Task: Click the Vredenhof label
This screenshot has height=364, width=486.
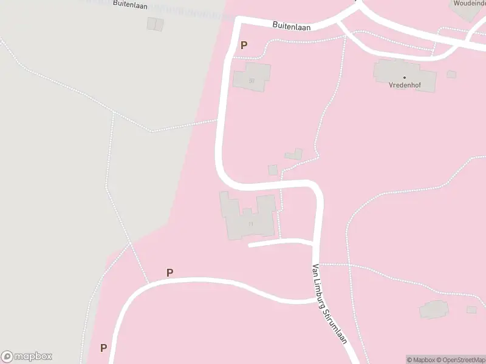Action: pyautogui.click(x=405, y=85)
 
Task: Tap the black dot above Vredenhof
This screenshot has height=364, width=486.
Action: pyautogui.click(x=405, y=78)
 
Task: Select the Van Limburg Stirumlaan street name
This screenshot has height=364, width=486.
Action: pyautogui.click(x=329, y=303)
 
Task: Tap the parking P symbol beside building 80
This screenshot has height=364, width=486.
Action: pyautogui.click(x=244, y=45)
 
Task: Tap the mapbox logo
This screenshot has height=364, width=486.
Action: pyautogui.click(x=27, y=356)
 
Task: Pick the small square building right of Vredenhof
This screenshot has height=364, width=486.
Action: pyautogui.click(x=451, y=74)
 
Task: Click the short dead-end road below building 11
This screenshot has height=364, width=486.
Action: pyautogui.click(x=279, y=243)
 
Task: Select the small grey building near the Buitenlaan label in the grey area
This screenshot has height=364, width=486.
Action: pyautogui.click(x=155, y=24)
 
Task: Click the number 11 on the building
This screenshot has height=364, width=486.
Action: pyautogui.click(x=250, y=224)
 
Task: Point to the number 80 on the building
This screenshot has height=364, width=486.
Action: pyautogui.click(x=251, y=80)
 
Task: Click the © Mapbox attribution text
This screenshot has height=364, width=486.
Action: pyautogui.click(x=422, y=360)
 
